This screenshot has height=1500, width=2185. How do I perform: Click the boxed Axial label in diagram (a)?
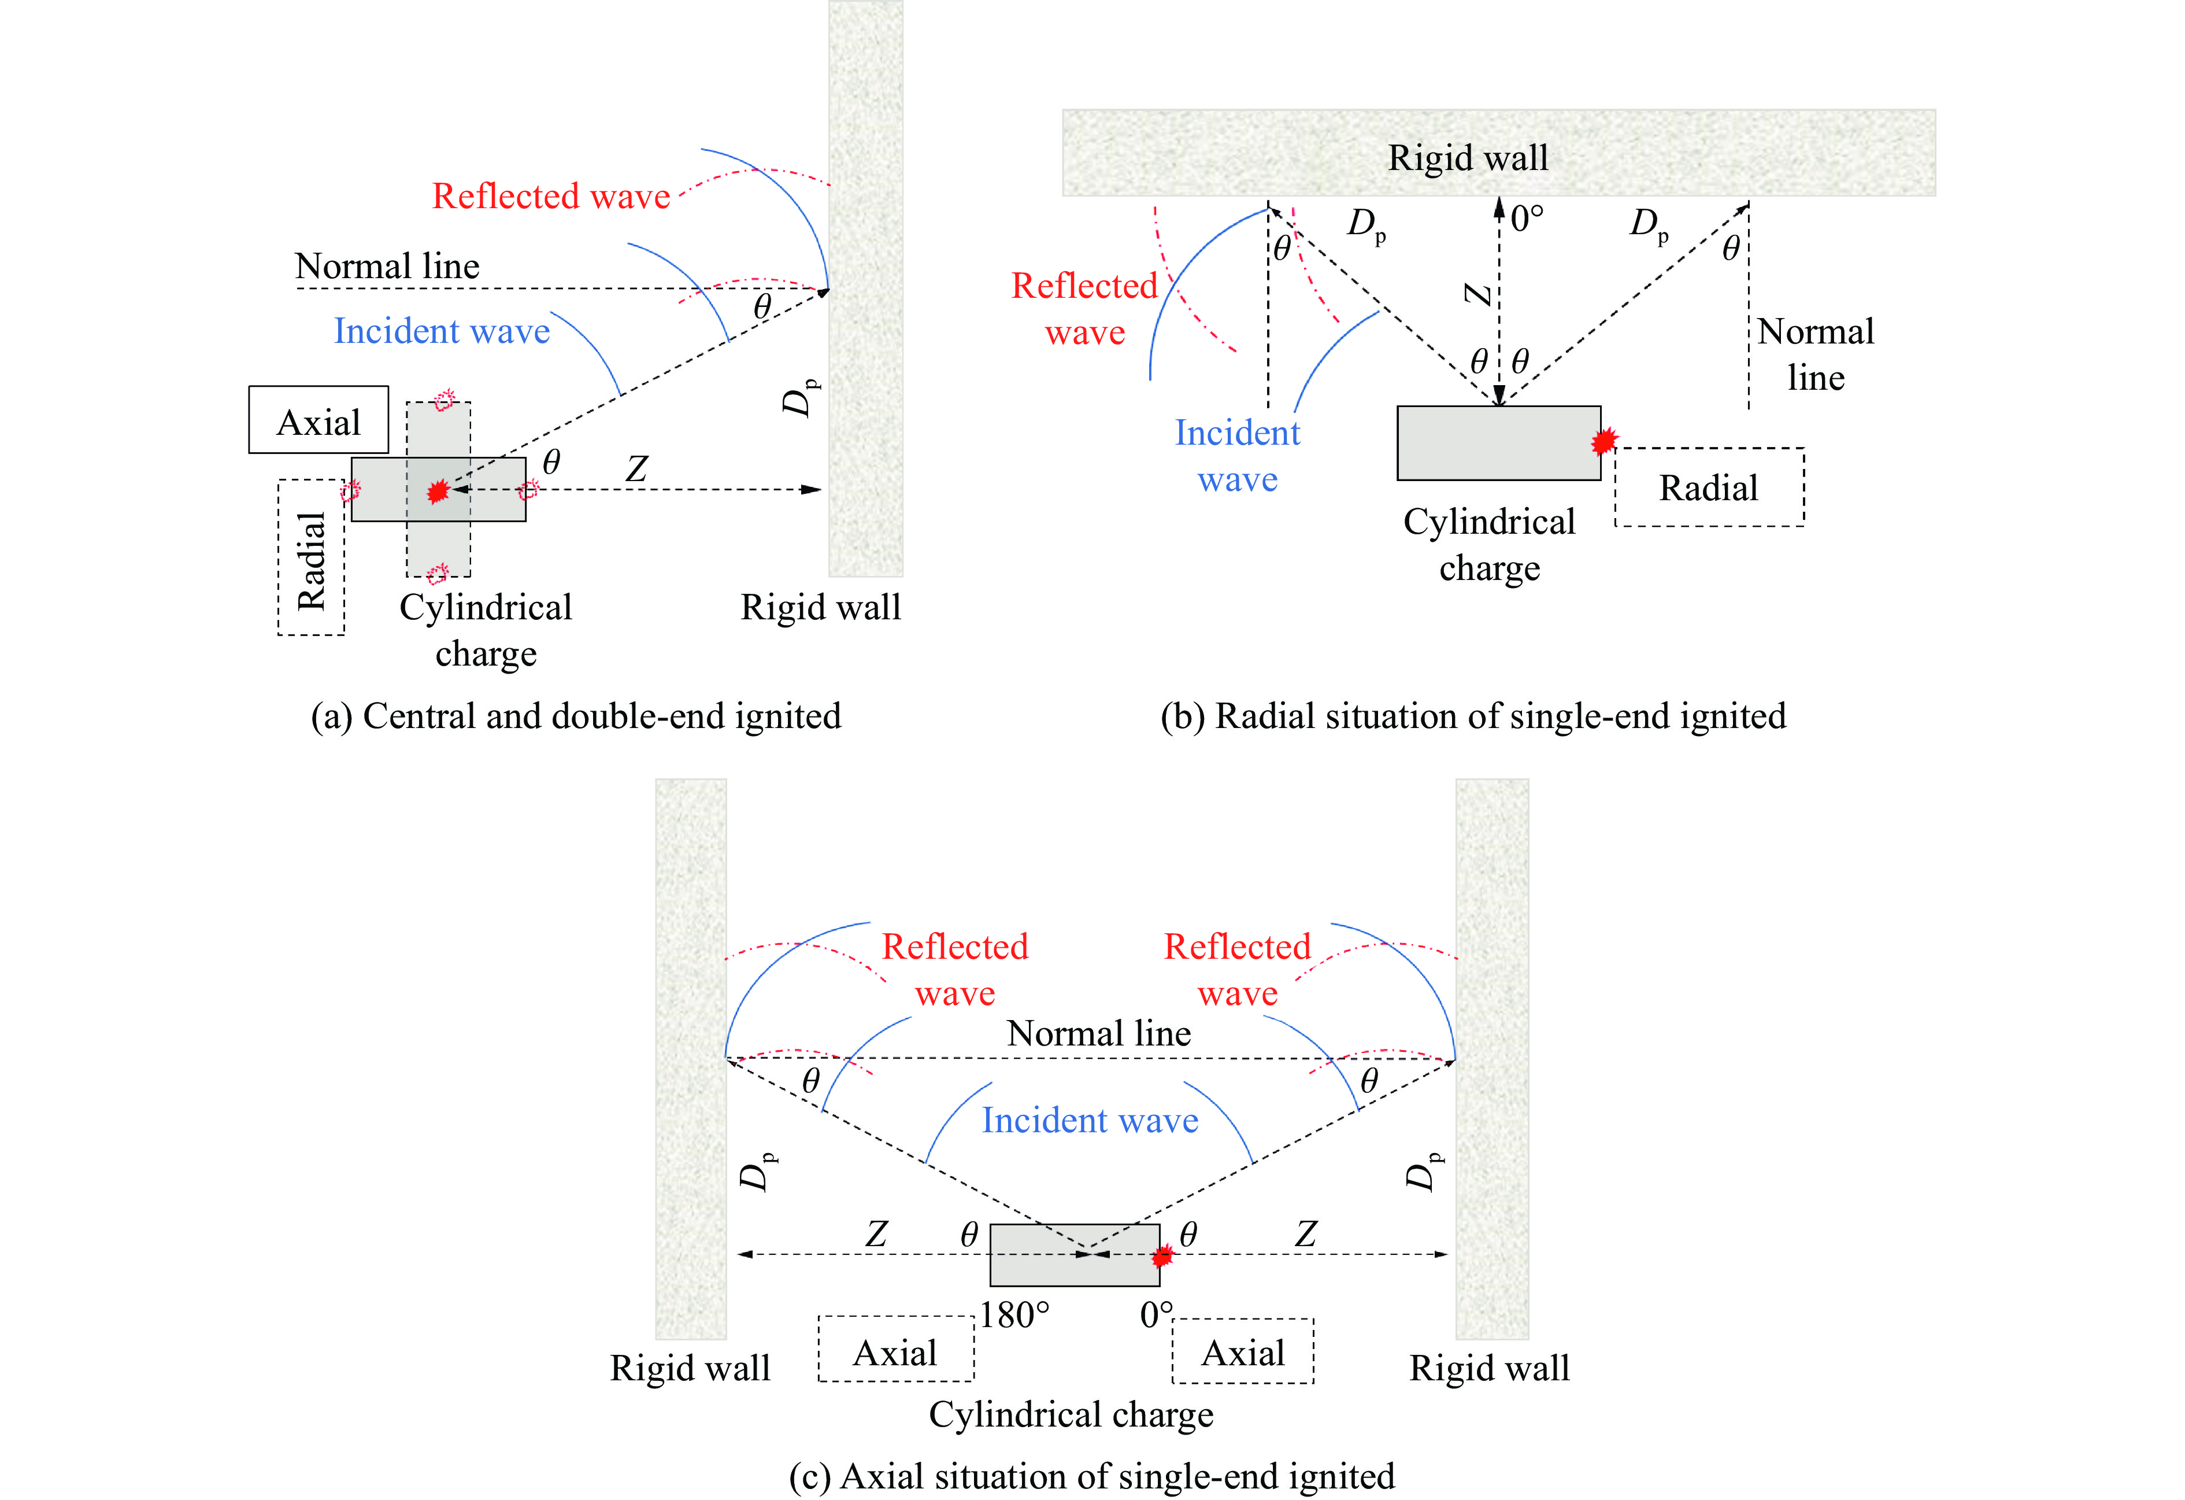tap(319, 420)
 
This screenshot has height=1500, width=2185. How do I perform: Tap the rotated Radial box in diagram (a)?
tap(311, 557)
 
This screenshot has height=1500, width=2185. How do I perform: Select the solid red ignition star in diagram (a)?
tap(437, 491)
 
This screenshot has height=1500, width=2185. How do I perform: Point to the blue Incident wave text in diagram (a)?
tap(441, 331)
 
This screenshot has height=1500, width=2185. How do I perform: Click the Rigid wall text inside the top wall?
tap(1468, 157)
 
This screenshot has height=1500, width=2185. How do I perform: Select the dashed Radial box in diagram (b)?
tap(1708, 487)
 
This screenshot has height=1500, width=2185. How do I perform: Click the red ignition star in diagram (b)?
tap(1604, 440)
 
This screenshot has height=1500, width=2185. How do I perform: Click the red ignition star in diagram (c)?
tap(1163, 1255)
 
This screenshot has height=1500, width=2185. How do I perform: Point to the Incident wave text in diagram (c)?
tap(1090, 1120)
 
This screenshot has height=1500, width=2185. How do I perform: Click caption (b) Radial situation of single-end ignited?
tap(1472, 716)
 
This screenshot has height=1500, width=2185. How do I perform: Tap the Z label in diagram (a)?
tap(636, 468)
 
